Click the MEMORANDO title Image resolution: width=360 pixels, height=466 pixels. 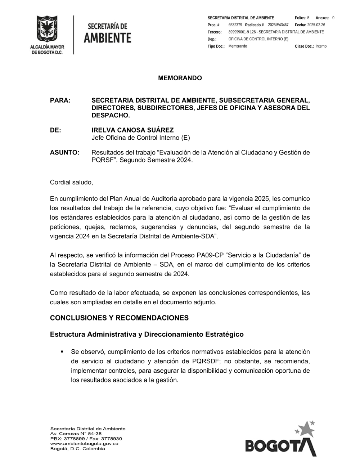(180, 78)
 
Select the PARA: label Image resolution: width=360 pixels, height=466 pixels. (60, 100)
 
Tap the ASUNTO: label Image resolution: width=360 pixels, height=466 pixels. (64, 153)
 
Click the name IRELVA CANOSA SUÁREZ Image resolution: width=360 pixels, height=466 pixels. (132, 130)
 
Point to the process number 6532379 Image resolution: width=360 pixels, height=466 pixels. (235, 25)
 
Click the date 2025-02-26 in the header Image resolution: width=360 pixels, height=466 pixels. (316, 25)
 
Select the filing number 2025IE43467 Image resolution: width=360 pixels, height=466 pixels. (278, 25)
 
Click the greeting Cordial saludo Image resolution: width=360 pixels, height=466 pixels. (71, 182)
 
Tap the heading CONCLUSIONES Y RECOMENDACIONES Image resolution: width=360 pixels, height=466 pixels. (119, 318)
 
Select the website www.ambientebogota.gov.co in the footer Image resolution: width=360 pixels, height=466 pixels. (84, 444)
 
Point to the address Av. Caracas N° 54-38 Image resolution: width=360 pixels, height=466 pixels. (76, 434)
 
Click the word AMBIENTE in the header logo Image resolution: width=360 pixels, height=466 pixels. (107, 38)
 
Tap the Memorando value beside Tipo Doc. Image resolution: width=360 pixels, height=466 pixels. (238, 46)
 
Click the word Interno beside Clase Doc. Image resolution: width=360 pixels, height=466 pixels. (321, 46)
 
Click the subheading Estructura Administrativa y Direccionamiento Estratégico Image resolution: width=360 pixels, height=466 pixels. (147, 335)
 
